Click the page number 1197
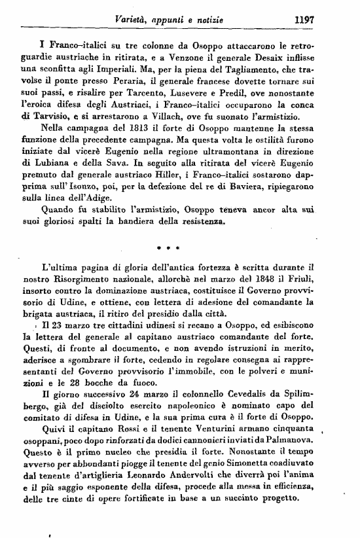click(x=305, y=20)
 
